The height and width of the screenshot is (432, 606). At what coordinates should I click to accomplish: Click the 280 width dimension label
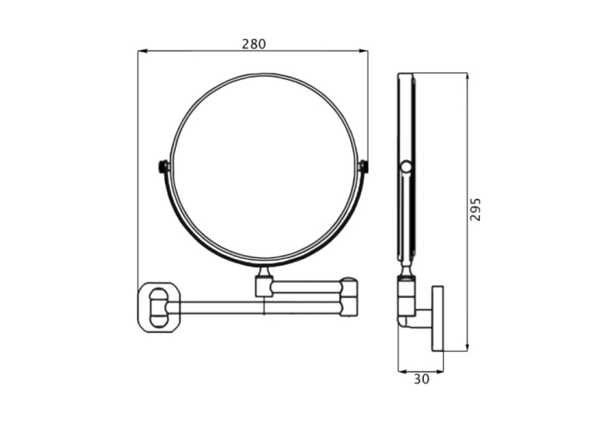[254, 44]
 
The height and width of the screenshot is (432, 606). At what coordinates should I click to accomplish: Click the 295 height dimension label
[475, 209]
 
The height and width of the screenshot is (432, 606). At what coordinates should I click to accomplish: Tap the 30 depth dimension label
[421, 380]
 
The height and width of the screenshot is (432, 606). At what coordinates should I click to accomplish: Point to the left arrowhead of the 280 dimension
[143, 51]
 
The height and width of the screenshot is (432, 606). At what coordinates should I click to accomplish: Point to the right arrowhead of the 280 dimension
[364, 51]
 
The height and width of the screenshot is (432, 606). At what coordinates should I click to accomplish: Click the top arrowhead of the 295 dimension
[467, 77]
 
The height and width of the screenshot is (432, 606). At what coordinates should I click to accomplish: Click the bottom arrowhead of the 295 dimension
[467, 346]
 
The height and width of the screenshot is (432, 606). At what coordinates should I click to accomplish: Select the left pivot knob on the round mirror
[163, 166]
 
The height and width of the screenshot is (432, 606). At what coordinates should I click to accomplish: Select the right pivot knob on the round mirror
[364, 166]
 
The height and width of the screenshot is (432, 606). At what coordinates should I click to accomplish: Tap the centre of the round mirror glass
[263, 167]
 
